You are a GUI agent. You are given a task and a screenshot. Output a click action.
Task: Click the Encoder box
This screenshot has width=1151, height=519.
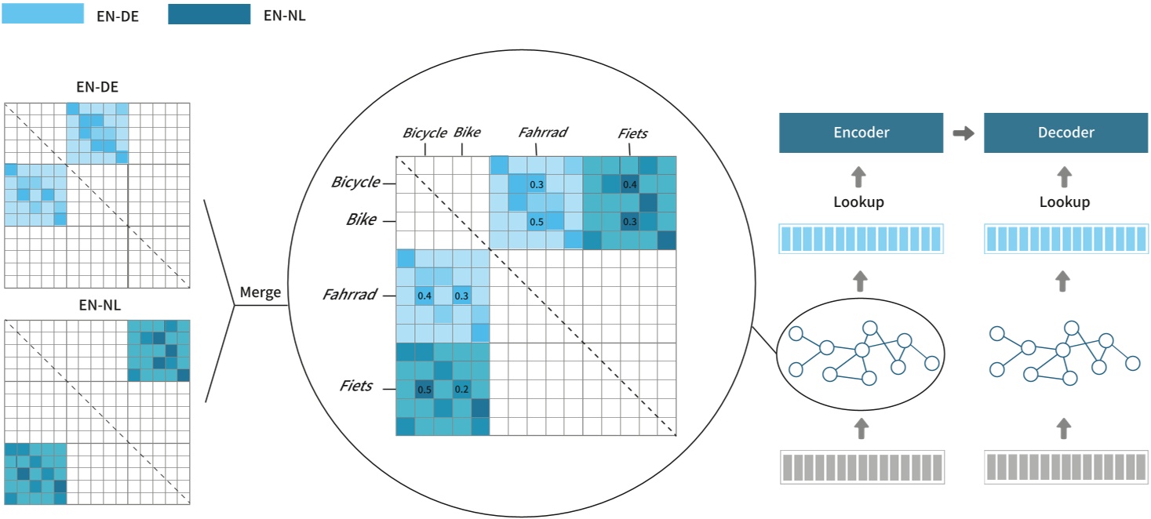(861, 132)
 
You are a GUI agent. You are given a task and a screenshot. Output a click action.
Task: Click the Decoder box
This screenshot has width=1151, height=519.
(1065, 132)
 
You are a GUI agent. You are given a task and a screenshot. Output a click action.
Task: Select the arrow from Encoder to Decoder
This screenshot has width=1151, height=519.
(963, 133)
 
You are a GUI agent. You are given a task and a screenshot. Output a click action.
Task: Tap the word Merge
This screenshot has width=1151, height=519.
(260, 292)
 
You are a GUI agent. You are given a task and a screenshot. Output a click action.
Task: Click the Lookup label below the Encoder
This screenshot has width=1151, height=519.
(858, 201)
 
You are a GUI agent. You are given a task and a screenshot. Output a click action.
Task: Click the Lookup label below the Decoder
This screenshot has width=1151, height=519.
(1064, 201)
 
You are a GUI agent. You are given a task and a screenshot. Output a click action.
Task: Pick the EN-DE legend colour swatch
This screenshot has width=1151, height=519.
(43, 13)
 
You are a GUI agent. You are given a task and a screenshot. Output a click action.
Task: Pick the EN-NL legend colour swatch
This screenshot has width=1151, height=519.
(209, 13)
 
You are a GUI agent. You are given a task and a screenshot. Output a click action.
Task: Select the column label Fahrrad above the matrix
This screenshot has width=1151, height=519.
(542, 132)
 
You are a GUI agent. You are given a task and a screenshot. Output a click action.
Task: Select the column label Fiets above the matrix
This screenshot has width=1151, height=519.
(632, 132)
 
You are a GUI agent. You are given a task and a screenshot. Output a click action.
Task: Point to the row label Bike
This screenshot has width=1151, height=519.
(360, 220)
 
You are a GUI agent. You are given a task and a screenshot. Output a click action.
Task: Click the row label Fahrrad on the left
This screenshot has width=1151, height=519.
(349, 295)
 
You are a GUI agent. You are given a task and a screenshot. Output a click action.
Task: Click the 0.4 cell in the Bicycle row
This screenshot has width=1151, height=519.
(629, 185)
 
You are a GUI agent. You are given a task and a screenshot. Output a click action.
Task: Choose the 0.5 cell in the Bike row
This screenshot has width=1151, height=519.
(537, 222)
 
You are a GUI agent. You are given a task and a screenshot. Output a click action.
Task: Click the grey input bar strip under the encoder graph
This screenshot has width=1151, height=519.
(861, 467)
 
